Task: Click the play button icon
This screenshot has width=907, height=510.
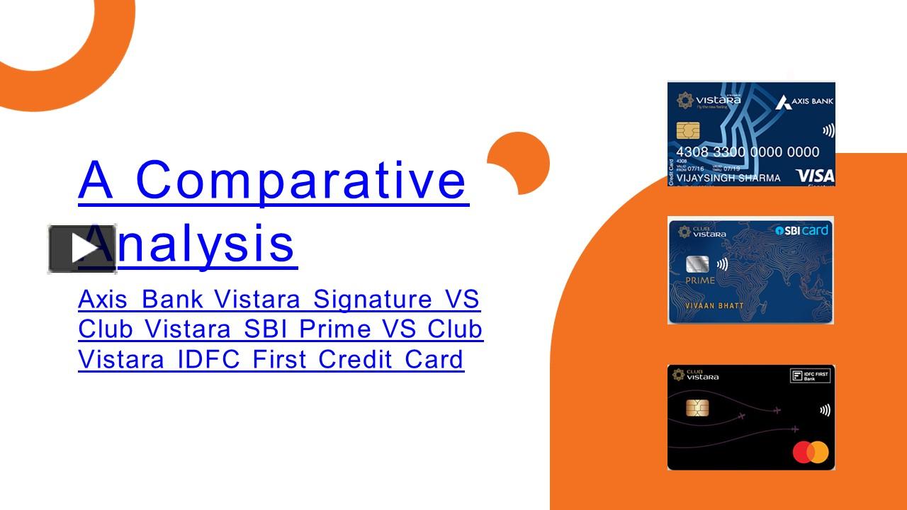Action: [x=82, y=249]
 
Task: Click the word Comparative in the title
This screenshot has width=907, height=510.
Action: [x=300, y=180]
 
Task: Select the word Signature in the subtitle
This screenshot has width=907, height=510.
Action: [x=373, y=299]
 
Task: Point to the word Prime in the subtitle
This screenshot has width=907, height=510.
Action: [x=334, y=329]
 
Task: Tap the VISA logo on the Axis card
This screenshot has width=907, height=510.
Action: [x=814, y=176]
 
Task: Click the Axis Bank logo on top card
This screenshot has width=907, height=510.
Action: [x=804, y=102]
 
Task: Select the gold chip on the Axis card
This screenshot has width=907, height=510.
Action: [x=687, y=130]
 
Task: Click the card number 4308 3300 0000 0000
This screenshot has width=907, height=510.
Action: [x=747, y=152]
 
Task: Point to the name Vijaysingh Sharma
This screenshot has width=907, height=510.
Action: [x=728, y=178]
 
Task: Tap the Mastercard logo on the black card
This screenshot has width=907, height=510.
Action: [x=810, y=451]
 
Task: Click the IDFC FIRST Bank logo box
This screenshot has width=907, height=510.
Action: [x=810, y=375]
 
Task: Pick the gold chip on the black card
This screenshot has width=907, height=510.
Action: [x=697, y=408]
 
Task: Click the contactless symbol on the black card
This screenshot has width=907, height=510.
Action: [x=825, y=410]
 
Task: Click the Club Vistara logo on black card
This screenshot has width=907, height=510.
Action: [x=695, y=375]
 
